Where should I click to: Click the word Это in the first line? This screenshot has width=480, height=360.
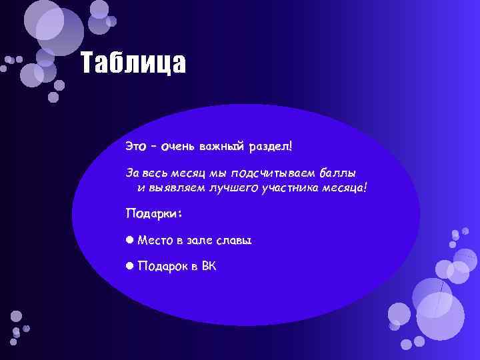136,145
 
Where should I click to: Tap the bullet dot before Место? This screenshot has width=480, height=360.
130,239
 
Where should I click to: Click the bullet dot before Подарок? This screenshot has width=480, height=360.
130,267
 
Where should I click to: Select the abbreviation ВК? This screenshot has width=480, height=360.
209,267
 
